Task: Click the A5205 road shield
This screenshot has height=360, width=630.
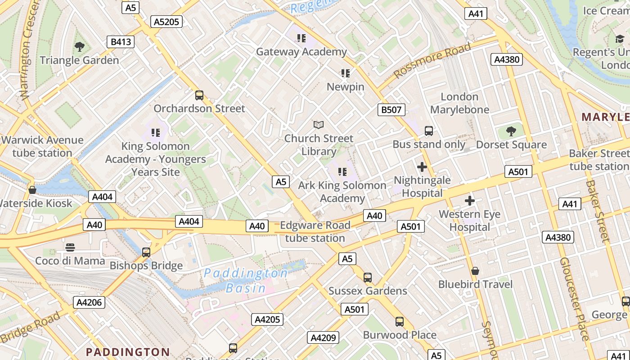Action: tap(166, 22)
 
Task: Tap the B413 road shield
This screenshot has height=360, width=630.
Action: tap(121, 42)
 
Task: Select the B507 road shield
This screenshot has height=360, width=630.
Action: tap(391, 109)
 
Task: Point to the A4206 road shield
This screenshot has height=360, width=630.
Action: tap(89, 302)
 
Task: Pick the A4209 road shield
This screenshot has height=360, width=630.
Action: tap(323, 337)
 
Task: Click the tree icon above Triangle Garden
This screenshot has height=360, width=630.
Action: tap(80, 46)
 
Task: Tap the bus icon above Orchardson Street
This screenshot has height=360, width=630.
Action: tap(199, 95)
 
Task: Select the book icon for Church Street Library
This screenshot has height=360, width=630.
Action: tap(319, 125)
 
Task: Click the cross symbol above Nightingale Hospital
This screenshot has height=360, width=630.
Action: tap(422, 167)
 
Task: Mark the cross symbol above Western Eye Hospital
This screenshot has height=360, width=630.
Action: tap(470, 201)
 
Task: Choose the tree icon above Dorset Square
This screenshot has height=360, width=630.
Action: tap(511, 131)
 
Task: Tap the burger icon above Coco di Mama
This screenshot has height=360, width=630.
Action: tap(70, 247)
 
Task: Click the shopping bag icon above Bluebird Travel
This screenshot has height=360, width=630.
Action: tap(475, 271)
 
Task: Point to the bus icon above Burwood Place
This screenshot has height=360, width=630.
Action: tap(400, 322)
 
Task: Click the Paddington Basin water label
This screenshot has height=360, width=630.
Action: tap(246, 280)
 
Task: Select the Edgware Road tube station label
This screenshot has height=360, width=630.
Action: tap(315, 232)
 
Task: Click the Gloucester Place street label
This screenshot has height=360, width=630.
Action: tap(574, 299)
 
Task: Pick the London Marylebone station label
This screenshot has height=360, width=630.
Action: tap(459, 103)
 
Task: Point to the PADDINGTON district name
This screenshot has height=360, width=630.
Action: tap(128, 352)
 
